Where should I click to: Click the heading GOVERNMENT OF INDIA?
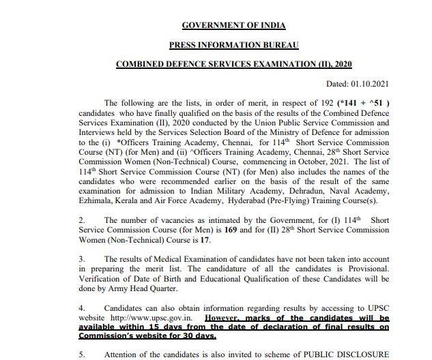click(x=233, y=27)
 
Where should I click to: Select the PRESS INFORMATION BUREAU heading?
click(x=233, y=46)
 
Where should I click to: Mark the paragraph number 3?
click(x=81, y=260)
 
